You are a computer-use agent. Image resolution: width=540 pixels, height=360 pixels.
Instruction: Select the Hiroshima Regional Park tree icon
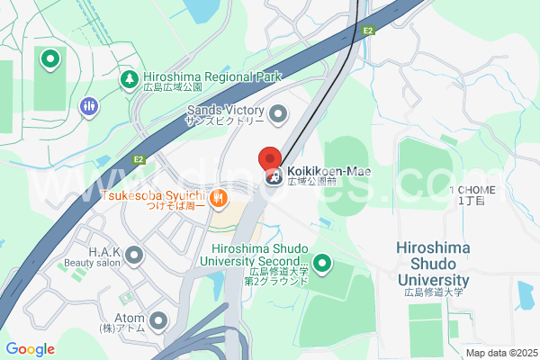coord(130,79)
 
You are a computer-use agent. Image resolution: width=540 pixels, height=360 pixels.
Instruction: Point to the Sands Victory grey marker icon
coord(277,113)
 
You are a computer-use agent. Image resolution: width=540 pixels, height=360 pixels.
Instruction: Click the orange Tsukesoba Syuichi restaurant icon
coord(217,197)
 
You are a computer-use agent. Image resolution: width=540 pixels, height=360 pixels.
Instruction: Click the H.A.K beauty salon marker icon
coord(135,256)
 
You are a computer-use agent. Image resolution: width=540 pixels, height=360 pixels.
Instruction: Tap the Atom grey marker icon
coord(158,320)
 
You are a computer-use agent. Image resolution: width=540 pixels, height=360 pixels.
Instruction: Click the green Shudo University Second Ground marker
coord(321,265)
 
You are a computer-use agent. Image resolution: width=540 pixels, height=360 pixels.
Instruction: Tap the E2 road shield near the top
coord(367,31)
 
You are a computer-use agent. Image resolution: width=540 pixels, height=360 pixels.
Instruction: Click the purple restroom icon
coord(88,106)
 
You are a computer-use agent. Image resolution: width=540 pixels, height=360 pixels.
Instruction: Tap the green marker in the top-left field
coord(50,60)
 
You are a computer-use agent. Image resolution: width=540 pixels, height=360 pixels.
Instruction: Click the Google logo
coord(30,349)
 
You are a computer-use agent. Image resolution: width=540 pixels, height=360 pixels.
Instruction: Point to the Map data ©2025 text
coord(500,353)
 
